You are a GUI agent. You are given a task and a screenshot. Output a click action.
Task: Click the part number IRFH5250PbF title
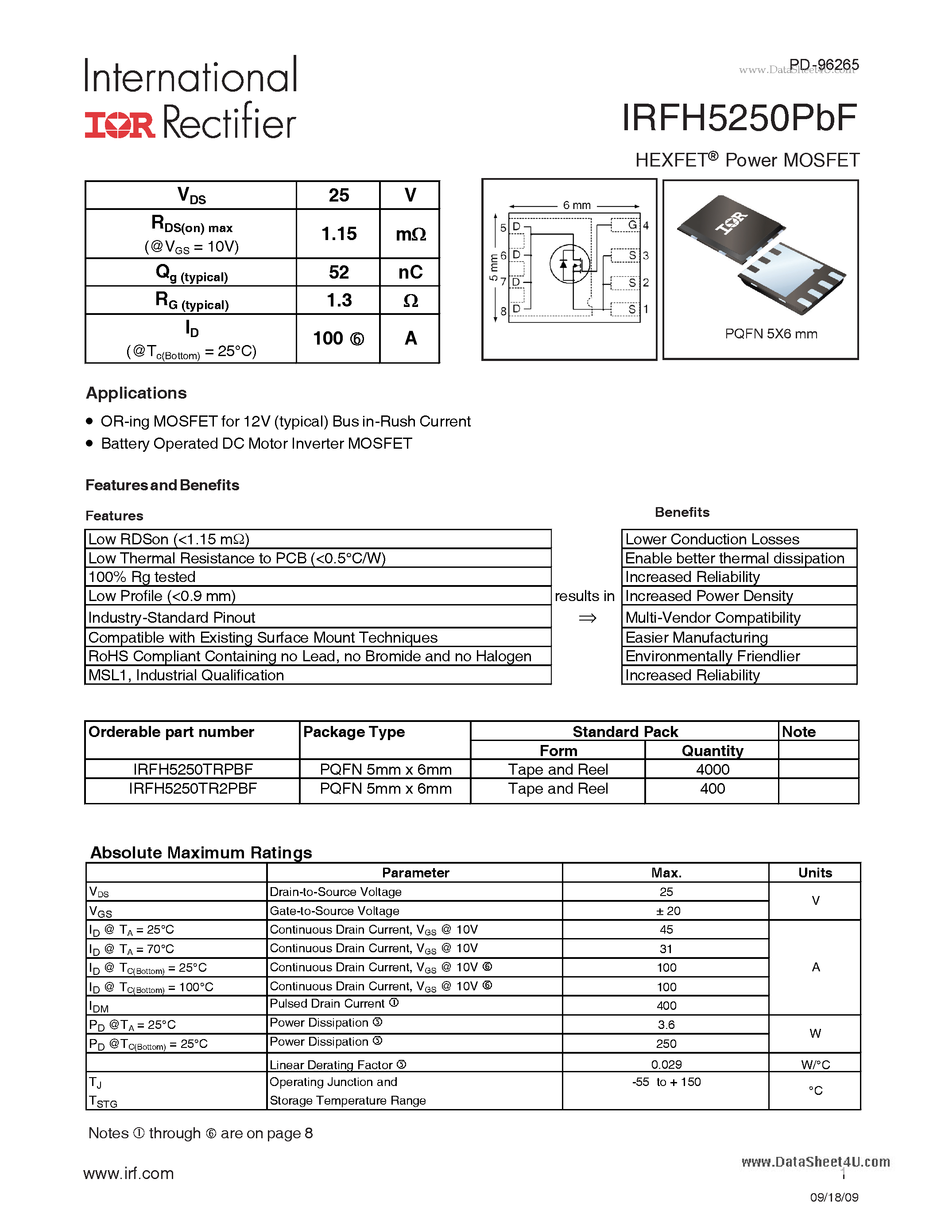(x=739, y=119)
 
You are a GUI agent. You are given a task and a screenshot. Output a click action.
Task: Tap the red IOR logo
(x=119, y=125)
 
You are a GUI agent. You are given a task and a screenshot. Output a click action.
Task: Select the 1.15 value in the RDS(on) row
(x=338, y=234)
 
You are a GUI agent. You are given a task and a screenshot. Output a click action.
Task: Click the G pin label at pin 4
(x=632, y=225)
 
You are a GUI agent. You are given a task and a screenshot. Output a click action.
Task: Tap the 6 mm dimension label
(x=577, y=205)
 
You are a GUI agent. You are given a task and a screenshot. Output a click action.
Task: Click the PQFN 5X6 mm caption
(x=771, y=334)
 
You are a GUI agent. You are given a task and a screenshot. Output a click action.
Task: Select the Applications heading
(x=136, y=393)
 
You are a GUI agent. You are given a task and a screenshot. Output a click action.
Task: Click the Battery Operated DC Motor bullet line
(x=256, y=444)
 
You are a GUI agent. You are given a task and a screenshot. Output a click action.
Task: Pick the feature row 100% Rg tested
(x=142, y=577)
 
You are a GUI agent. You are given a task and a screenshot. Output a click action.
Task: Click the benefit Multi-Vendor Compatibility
(x=713, y=618)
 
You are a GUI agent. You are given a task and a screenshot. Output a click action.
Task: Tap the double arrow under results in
(x=587, y=618)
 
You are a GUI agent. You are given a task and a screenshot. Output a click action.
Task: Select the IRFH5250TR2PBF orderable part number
(x=193, y=788)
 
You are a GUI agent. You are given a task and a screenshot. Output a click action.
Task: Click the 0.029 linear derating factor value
(x=666, y=1064)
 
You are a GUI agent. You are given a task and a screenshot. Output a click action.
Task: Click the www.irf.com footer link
(x=129, y=1173)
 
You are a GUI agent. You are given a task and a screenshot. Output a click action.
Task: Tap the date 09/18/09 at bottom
(x=834, y=1197)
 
